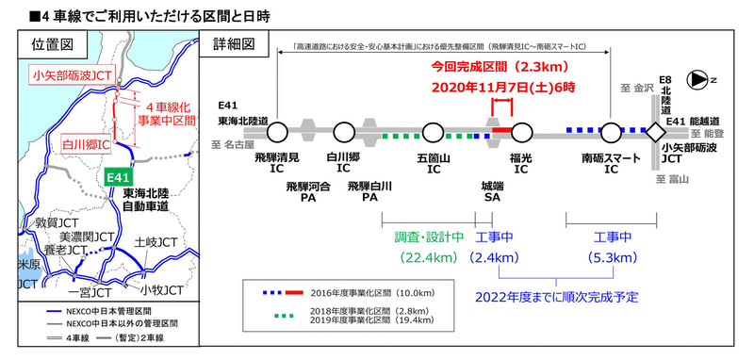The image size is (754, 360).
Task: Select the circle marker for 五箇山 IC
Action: click(433, 132)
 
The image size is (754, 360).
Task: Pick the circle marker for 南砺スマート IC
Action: click(612, 132)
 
